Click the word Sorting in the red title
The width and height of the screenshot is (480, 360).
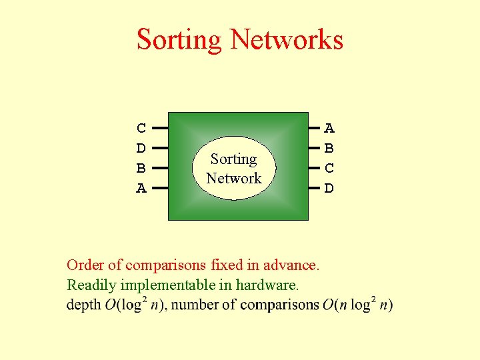179,40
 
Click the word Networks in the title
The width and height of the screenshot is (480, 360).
287,40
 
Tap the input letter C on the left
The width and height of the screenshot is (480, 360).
141,128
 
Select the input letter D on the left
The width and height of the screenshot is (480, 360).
141,148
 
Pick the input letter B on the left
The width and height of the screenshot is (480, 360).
141,168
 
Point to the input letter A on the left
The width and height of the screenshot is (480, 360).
141,189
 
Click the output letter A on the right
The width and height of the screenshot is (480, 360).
329,128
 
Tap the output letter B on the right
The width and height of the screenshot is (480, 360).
329,148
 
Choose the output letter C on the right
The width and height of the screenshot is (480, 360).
329,168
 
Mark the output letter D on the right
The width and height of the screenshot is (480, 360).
329,189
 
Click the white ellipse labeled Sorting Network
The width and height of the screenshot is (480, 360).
234,169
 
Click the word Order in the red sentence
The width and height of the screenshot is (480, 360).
85,265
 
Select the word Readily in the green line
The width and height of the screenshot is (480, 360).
91,286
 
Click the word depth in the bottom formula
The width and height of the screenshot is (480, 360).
84,306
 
